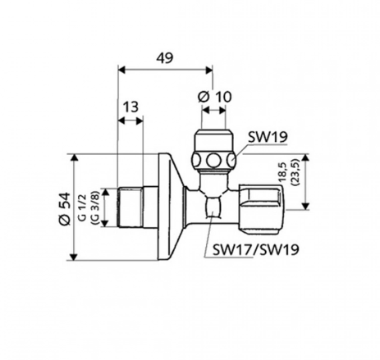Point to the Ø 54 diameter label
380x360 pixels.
click(x=62, y=206)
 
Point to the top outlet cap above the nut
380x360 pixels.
click(x=213, y=136)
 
